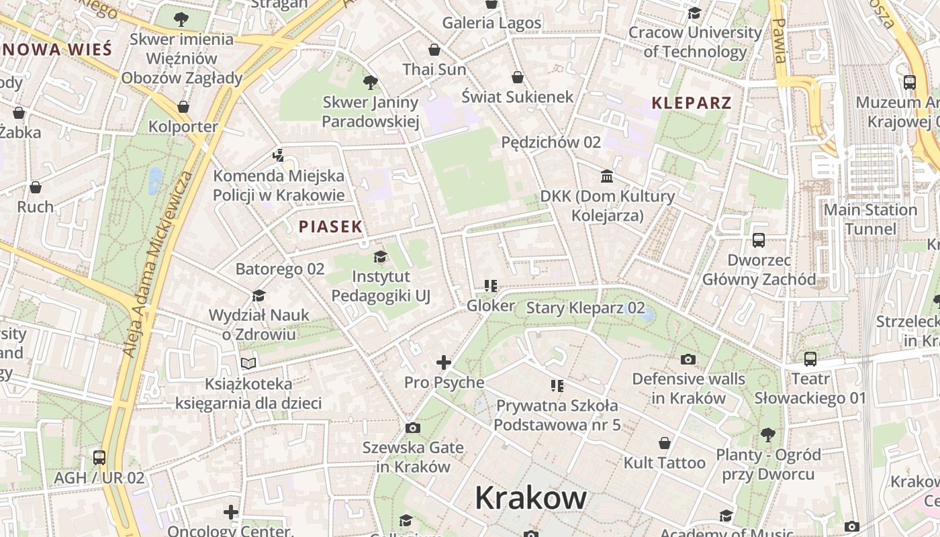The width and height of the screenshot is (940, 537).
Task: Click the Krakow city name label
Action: tap(530, 498)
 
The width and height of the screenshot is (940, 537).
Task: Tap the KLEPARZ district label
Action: tap(692, 103)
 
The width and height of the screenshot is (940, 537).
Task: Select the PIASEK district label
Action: tap(330, 227)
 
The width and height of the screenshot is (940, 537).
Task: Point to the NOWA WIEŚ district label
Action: tap(56, 49)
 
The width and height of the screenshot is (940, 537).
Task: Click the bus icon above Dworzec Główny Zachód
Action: tap(759, 240)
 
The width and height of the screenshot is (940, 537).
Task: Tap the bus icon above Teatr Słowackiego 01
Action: tap(810, 358)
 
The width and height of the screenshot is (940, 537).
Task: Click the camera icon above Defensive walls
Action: tap(688, 359)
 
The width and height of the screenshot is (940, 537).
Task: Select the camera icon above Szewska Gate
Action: tap(413, 428)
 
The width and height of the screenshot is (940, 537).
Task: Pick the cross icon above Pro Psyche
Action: tap(444, 362)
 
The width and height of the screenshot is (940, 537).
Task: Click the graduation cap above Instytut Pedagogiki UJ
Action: tap(381, 256)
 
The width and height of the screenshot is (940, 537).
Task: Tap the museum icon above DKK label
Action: tap(607, 176)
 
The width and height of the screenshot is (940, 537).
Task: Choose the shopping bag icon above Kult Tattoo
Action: tap(665, 443)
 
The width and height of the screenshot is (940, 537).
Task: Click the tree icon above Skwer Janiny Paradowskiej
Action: tap(370, 83)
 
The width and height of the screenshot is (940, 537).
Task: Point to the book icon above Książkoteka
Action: tap(248, 364)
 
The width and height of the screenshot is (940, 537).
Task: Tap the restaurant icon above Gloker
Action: tap(491, 286)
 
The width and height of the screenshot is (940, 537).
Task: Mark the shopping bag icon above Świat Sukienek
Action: tap(517, 77)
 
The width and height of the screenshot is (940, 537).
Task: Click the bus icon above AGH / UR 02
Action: tap(99, 458)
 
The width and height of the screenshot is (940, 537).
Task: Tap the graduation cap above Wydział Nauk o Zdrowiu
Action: tap(258, 295)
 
